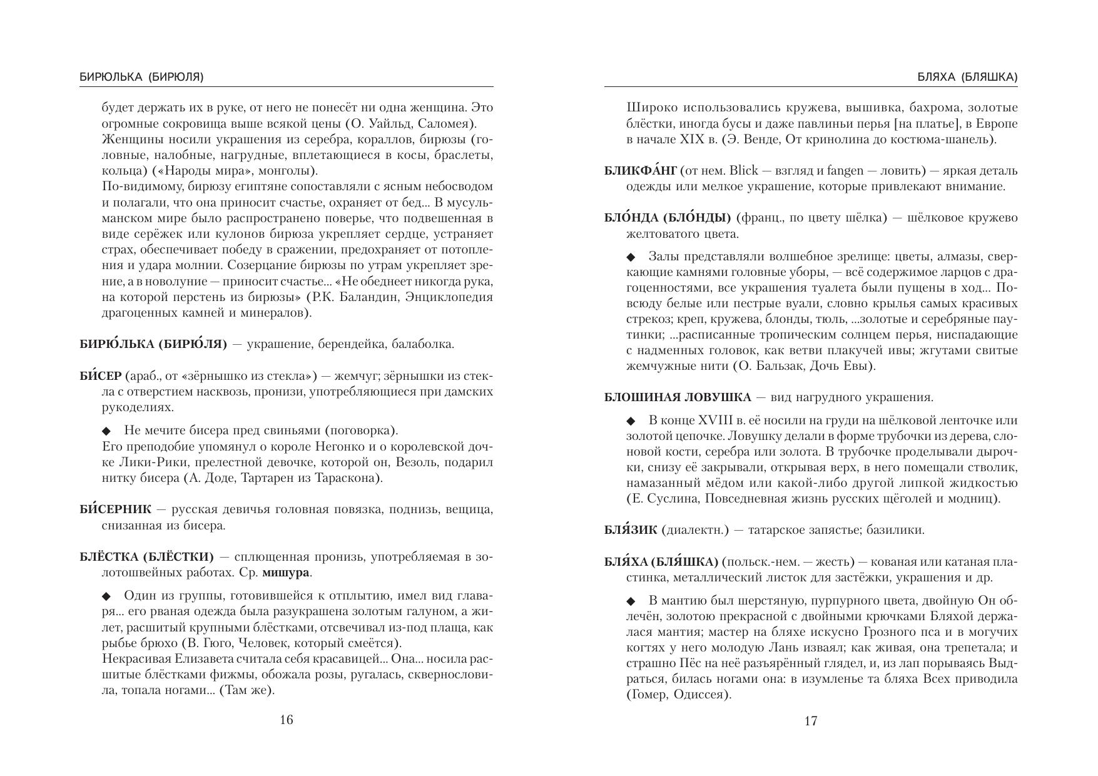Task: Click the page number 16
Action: pyautogui.click(x=286, y=720)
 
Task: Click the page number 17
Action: pyautogui.click(x=810, y=721)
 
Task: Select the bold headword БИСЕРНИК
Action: pyautogui.click(x=116, y=509)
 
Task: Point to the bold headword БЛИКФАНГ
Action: pyautogui.click(x=641, y=171)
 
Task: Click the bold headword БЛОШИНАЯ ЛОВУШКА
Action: pyautogui.click(x=678, y=397)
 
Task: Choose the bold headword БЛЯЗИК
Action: pyautogui.click(x=631, y=530)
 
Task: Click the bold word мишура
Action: pyautogui.click(x=287, y=573)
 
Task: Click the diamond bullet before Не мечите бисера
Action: pyautogui.click(x=106, y=431)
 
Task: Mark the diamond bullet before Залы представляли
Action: pyautogui.click(x=631, y=257)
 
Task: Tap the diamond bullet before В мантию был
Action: pyautogui.click(x=631, y=601)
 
